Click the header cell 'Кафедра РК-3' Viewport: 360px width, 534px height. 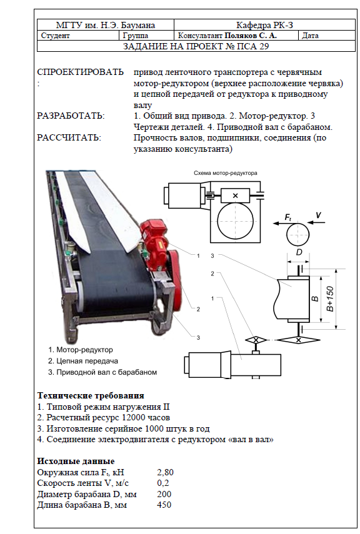tap(264, 25)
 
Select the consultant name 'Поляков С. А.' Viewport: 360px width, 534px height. tap(251, 36)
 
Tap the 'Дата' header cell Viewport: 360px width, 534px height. tap(310, 36)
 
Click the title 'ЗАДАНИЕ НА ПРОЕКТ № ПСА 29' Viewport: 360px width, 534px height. tap(196, 46)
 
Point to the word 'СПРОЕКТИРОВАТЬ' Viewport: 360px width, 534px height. tap(80, 72)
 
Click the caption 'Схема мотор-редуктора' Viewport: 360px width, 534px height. tap(226, 173)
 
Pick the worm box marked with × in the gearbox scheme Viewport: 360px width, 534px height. tap(235, 196)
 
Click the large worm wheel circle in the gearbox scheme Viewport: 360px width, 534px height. tap(235, 221)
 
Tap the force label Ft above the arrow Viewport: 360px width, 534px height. tap(288, 217)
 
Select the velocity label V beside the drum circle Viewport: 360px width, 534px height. tap(318, 215)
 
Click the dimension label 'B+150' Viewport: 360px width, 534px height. tap(330, 299)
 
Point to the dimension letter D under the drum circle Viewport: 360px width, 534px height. tap(299, 252)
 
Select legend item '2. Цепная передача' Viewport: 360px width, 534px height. tap(83, 361)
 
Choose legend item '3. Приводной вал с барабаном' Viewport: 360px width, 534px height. tap(102, 372)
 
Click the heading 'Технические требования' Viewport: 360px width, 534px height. tap(91, 396)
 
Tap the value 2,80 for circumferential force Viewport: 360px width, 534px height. tap(166, 472)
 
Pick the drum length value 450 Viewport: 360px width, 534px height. tap(164, 505)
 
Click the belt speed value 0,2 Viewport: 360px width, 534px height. tap(163, 483)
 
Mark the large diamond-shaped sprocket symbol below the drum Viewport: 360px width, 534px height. tap(298, 340)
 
